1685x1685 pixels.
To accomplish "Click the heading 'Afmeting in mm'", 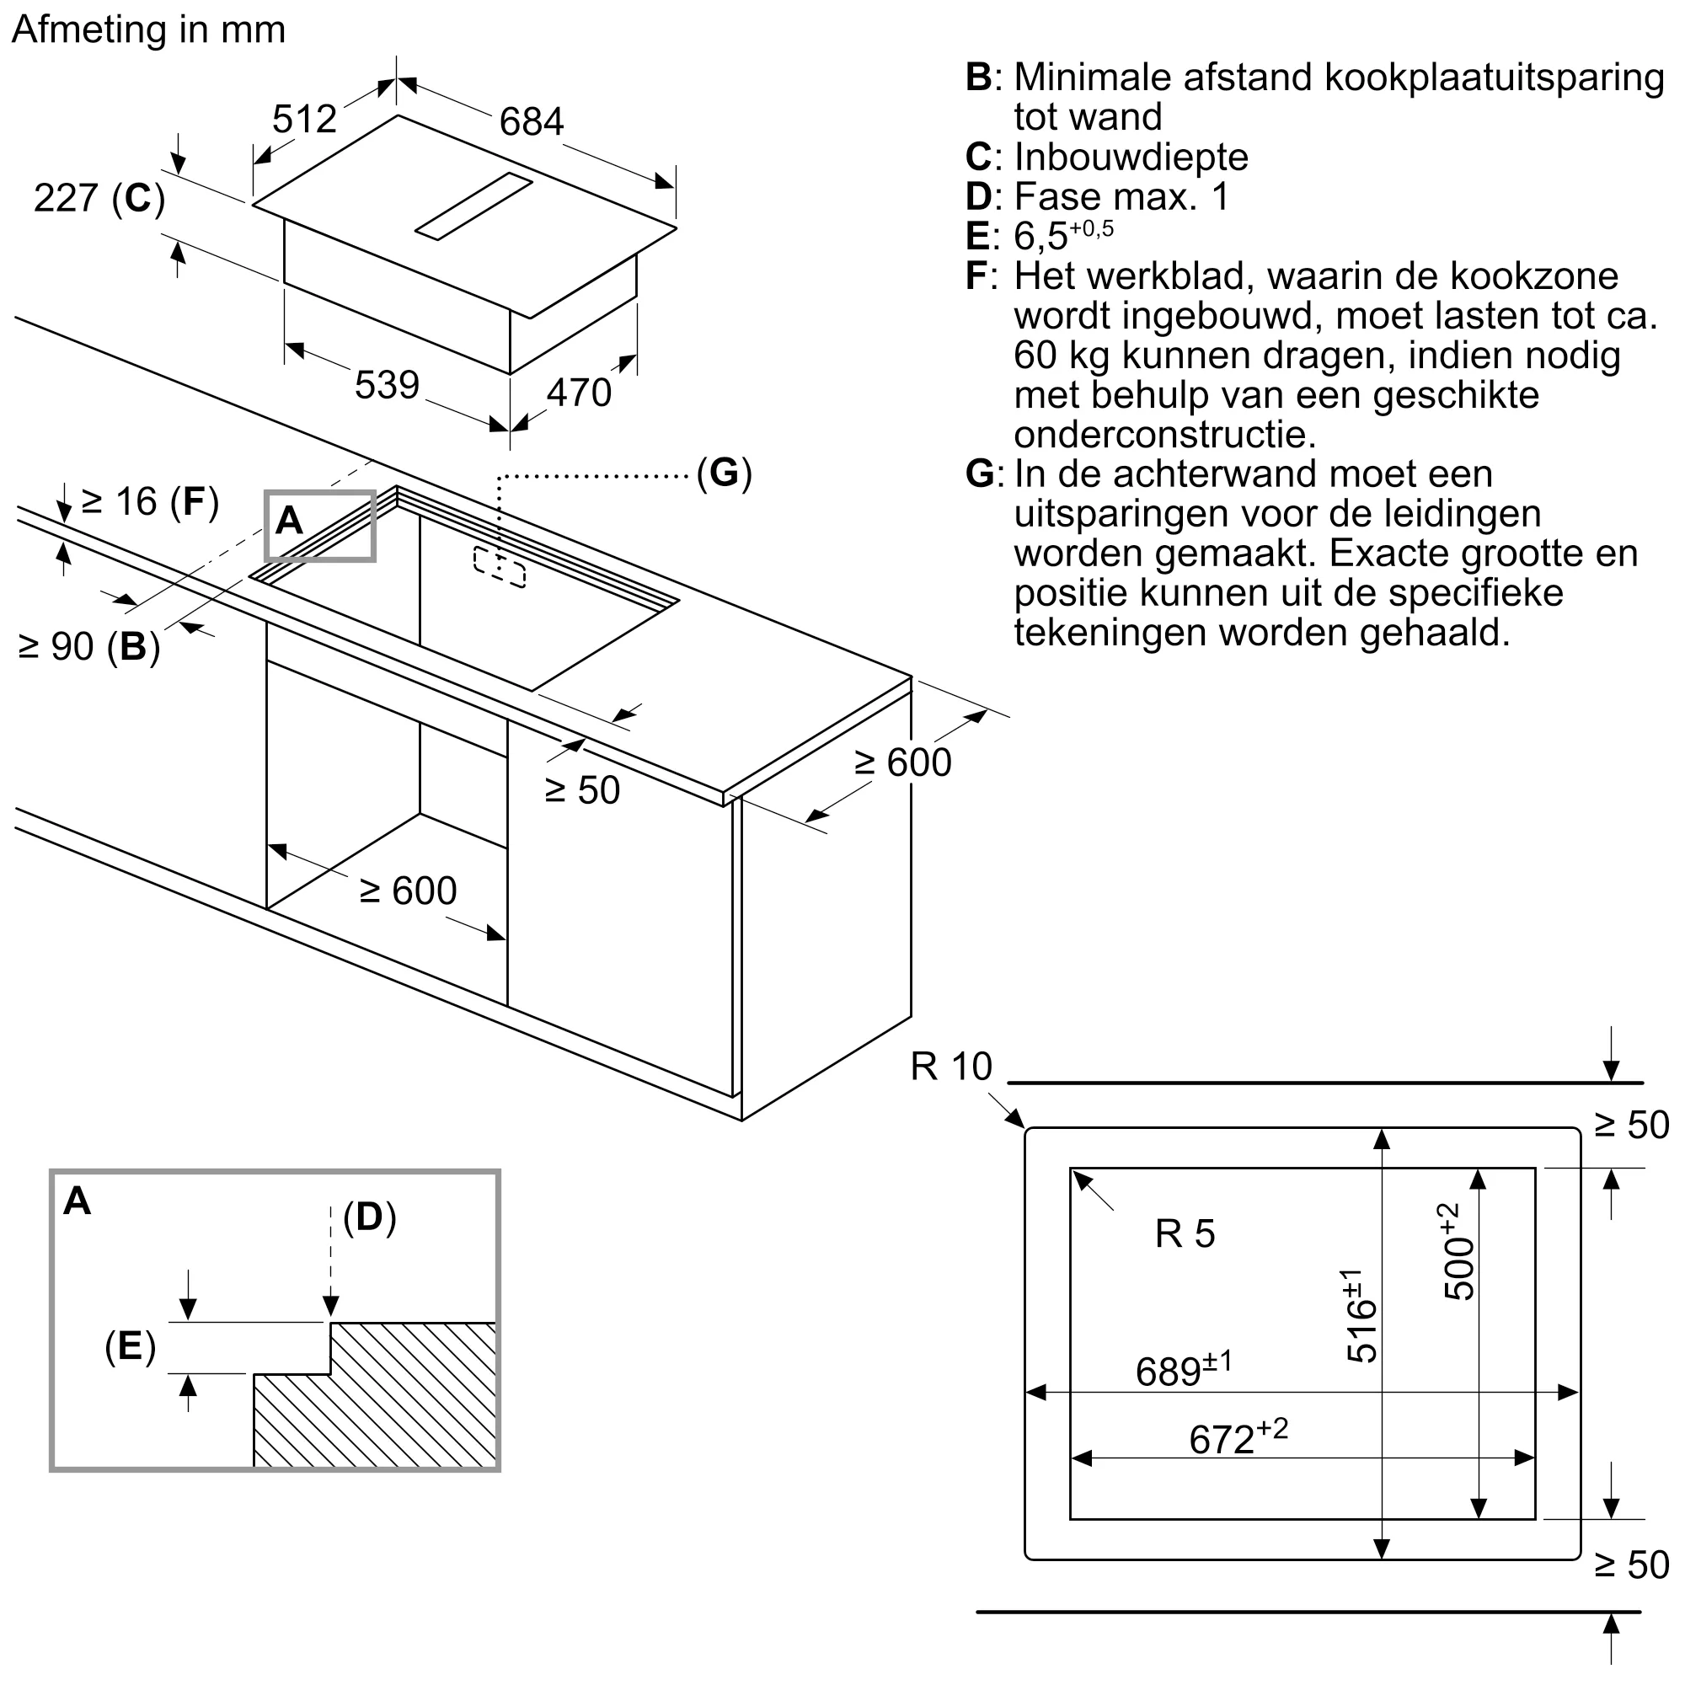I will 148,29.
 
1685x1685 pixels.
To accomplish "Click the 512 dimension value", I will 303,119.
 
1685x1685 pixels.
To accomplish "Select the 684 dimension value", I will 531,121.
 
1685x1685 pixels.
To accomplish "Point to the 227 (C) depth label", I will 99,198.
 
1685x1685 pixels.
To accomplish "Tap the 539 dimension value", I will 387,385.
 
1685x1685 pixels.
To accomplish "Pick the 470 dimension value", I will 578,393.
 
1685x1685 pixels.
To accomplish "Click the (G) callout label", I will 723,473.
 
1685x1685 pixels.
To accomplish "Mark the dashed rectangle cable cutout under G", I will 500,567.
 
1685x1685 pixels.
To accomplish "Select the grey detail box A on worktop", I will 320,525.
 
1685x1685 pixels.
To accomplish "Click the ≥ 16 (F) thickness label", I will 149,501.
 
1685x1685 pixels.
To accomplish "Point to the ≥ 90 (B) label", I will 89,646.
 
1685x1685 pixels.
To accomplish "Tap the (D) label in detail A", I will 369,1216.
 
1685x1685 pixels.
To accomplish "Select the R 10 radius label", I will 950,1067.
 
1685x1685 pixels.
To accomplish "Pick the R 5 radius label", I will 1185,1233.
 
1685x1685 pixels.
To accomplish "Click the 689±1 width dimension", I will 1183,1370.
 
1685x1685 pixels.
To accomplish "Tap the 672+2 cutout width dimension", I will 1237,1436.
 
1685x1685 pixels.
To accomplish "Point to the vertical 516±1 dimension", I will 1360,1316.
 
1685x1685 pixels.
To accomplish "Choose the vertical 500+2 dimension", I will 1458,1252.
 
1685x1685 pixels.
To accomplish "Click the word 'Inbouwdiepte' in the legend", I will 1131,157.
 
